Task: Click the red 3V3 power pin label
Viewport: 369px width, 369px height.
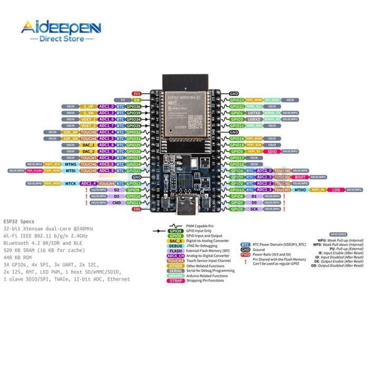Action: pos(136,93)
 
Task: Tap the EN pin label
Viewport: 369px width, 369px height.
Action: pos(136,100)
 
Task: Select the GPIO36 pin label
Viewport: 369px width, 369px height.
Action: pos(134,106)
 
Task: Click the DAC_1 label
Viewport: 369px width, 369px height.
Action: pos(89,145)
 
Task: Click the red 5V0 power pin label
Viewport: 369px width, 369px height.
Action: pos(136,209)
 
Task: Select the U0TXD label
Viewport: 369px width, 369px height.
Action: pos(254,113)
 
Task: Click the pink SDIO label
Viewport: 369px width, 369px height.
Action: pos(272,151)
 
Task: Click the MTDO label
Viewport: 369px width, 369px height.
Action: pos(300,190)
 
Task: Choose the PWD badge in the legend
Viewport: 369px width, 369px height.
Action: pos(245,255)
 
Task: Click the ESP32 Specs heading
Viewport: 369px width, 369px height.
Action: pos(20,221)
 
